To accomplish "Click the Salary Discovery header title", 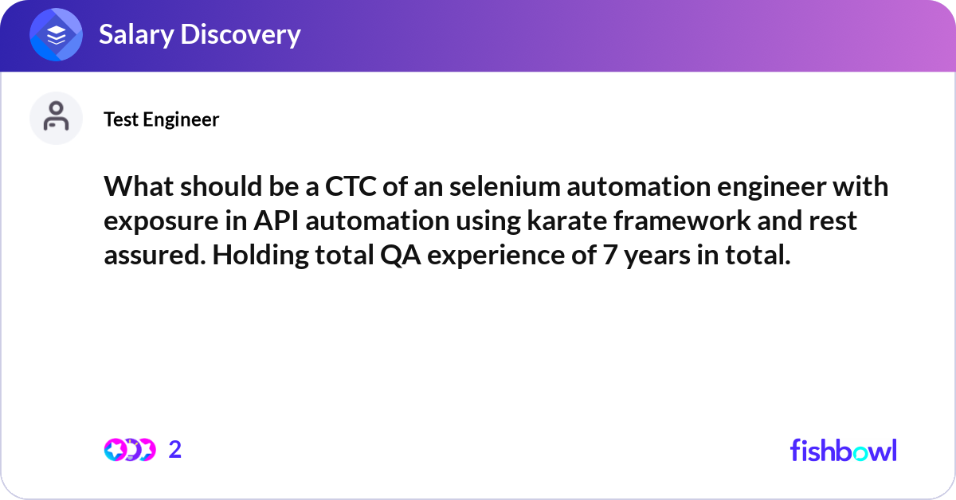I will coord(199,34).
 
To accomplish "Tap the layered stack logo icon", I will coord(57,35).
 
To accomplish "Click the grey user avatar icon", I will coord(56,118).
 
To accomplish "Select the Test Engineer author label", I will coord(161,119).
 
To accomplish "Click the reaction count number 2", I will coord(175,450).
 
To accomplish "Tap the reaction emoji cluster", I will coord(129,450).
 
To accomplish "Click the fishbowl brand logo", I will coord(843,450).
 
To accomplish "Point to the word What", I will coord(138,187).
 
